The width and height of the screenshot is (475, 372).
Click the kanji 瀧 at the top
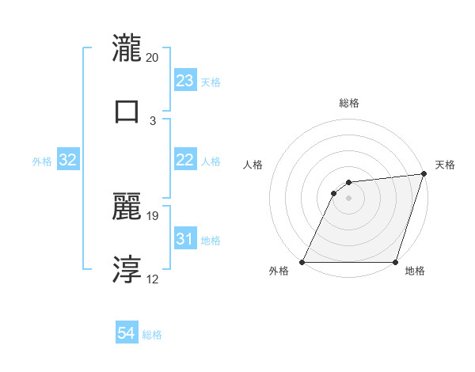tap(127, 48)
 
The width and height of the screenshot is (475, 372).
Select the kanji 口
tap(127, 110)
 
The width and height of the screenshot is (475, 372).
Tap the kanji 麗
tap(127, 207)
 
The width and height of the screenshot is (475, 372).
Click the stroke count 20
tap(153, 57)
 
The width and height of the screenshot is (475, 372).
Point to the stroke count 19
tap(153, 215)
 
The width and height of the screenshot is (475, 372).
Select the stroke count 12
tap(153, 279)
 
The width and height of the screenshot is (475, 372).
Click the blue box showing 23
tap(184, 81)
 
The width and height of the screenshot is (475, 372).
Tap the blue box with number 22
tap(184, 160)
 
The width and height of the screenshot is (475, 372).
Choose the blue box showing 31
tap(184, 239)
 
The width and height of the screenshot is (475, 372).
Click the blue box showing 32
tap(68, 160)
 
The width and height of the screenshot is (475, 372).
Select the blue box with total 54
tap(127, 333)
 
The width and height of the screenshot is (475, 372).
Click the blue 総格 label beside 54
tap(153, 335)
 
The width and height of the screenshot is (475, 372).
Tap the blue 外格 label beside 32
tap(42, 161)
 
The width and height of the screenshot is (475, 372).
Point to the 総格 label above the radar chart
tap(349, 103)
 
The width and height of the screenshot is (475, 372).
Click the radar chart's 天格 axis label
tap(446, 165)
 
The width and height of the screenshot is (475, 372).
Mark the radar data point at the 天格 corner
tap(424, 174)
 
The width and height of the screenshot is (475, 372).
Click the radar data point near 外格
tap(302, 262)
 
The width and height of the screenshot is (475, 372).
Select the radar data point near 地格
tap(395, 262)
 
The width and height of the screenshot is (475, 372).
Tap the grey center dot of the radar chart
tap(349, 199)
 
